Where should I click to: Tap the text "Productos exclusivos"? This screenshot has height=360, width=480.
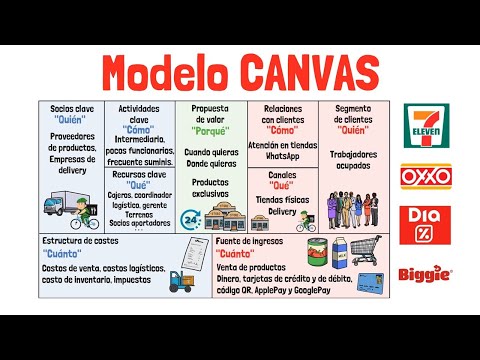[x=211, y=189]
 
